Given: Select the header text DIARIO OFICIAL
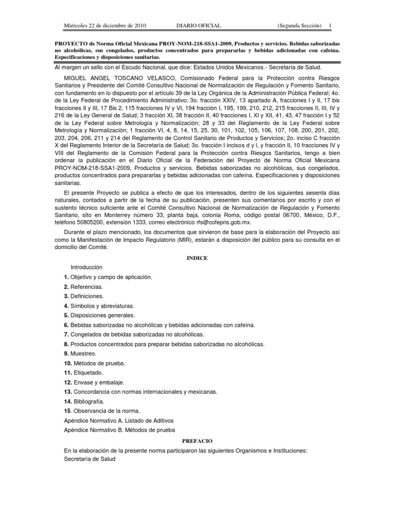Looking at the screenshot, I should (x=192, y=25).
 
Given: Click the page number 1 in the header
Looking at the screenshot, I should (x=330, y=25).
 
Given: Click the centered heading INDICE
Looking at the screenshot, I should (x=197, y=258).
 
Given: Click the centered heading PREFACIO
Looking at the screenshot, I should (x=197, y=441).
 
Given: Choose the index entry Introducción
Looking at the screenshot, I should (x=86, y=268).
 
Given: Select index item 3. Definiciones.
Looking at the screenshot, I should (x=84, y=296).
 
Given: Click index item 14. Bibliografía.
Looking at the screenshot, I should (x=84, y=401).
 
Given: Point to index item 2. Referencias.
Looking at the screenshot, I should (x=83, y=287).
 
